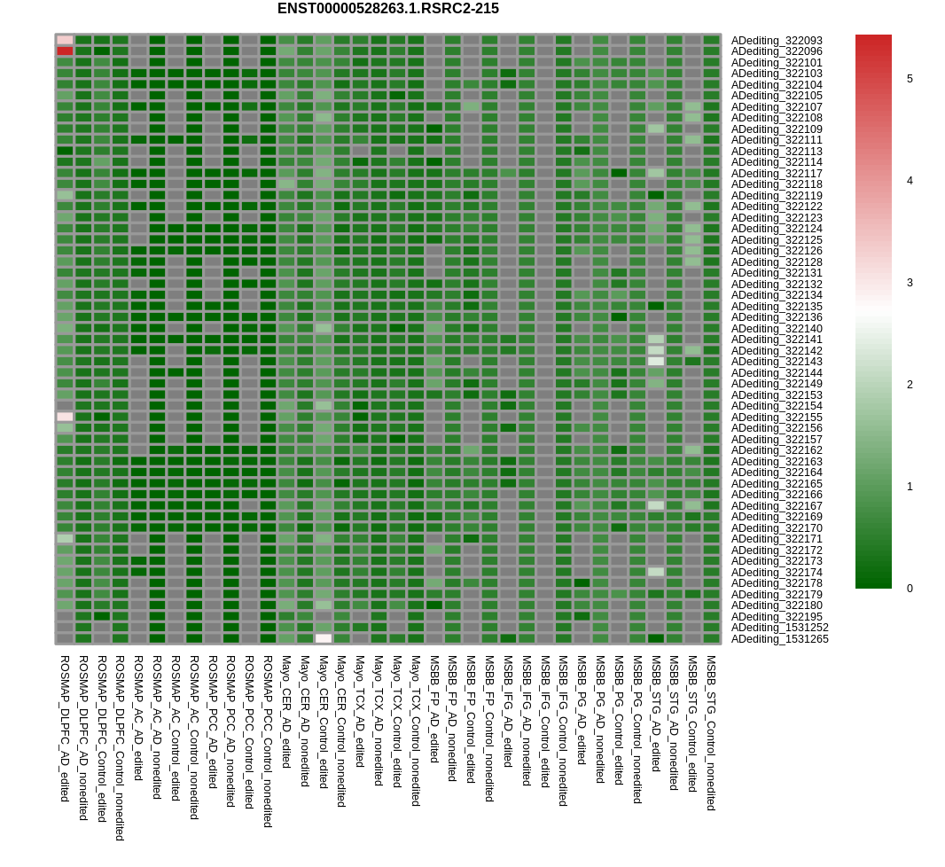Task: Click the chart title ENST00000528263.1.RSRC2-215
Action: coord(388,9)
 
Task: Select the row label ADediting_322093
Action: coord(777,41)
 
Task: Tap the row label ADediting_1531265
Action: coord(780,638)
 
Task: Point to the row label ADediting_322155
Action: coord(777,417)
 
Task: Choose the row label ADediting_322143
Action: coord(777,362)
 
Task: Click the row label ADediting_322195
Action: coord(777,616)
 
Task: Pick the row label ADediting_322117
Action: coord(777,174)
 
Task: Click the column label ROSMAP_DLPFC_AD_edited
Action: coord(65,729)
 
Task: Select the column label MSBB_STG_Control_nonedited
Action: coord(711,733)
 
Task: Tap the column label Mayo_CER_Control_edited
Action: coord(323,722)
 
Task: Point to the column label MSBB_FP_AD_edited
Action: coord(433,709)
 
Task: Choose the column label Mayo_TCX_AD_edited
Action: coord(360,712)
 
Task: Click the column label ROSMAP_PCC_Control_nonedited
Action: coord(268,742)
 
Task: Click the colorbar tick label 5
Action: coord(910,79)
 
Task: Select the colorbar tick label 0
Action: coord(910,589)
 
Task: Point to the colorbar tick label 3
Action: coord(910,283)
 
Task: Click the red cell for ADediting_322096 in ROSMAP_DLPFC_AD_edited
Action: coord(65,51)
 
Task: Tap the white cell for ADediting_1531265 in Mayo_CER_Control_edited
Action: coord(323,638)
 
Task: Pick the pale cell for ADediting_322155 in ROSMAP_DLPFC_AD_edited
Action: coord(65,417)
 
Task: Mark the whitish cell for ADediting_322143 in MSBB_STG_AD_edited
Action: coord(656,361)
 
